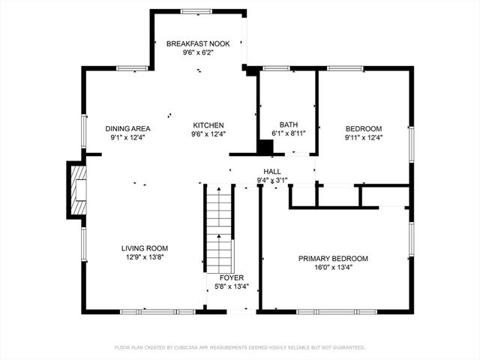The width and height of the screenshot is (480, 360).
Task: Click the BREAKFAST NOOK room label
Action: click(198, 44)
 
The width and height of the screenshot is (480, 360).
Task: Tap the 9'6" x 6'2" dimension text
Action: click(198, 53)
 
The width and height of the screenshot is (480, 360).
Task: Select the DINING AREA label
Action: click(127, 128)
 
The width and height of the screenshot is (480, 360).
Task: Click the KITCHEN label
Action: click(208, 125)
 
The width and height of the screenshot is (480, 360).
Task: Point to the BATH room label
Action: click(289, 125)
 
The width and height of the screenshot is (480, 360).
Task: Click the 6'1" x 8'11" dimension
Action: click(289, 134)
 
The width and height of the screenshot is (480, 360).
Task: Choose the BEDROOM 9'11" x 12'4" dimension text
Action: click(363, 137)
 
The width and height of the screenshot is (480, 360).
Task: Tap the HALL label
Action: click(272, 172)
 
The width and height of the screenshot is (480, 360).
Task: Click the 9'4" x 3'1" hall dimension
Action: click(272, 181)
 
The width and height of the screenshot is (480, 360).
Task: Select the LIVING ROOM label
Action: click(145, 248)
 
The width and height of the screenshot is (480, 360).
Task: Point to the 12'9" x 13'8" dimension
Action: click(145, 257)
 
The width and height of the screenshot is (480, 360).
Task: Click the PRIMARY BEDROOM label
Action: click(333, 259)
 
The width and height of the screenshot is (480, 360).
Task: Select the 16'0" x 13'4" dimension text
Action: click(333, 268)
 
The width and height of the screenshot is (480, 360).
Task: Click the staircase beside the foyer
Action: click(219, 229)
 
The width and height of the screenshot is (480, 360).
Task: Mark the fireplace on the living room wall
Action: click(77, 190)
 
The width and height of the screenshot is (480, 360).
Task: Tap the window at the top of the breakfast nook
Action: click(196, 11)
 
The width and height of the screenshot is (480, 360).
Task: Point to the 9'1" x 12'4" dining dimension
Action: click(127, 137)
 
